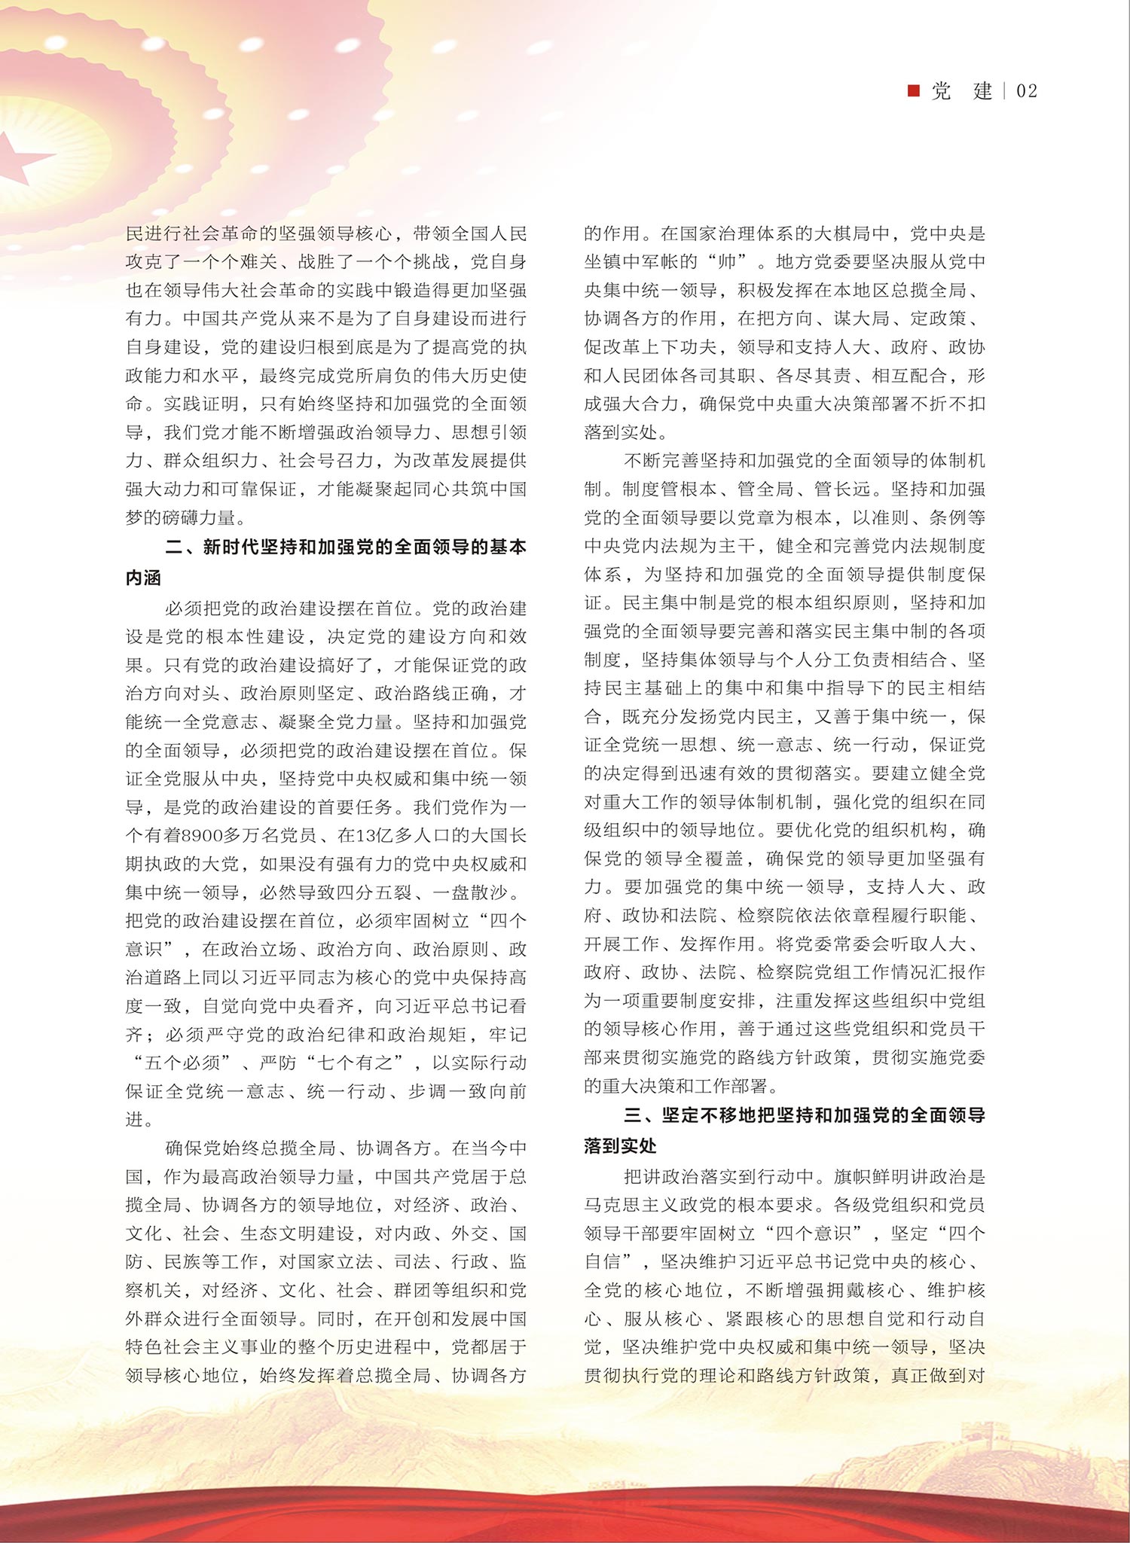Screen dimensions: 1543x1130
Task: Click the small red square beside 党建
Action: click(x=914, y=91)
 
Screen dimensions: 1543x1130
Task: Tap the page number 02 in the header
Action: click(x=1027, y=91)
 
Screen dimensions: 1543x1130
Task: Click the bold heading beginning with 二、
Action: click(x=346, y=547)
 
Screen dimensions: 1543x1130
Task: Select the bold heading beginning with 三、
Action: click(x=805, y=1115)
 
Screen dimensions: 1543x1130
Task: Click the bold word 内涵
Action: click(x=144, y=578)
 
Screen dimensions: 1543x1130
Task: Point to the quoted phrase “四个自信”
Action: click(x=783, y=1247)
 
